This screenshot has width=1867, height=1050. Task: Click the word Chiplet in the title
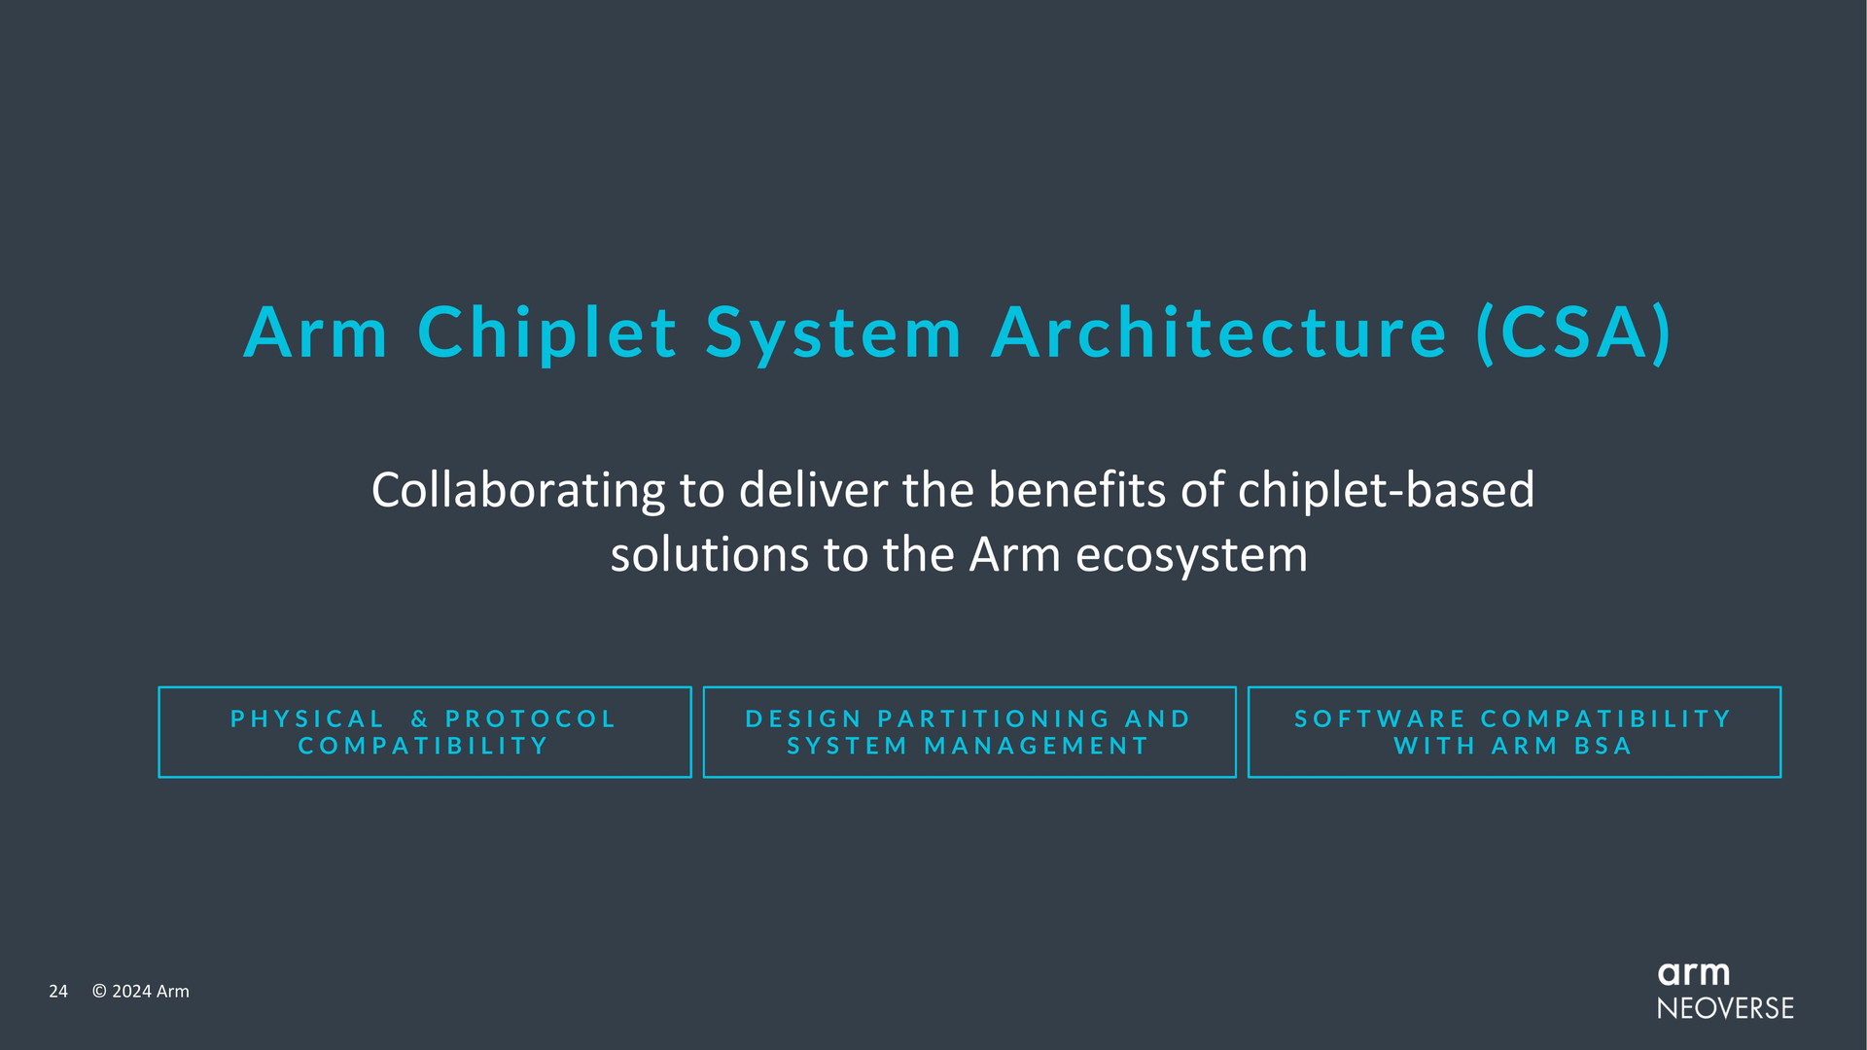point(547,333)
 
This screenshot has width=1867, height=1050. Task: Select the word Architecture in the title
point(1219,332)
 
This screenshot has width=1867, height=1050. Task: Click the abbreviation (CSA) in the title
point(1574,333)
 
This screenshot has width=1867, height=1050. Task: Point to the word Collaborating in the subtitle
point(518,491)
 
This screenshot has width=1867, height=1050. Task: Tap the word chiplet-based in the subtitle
point(1386,491)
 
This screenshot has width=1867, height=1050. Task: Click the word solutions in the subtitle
point(710,555)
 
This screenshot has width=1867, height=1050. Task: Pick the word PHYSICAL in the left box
point(307,719)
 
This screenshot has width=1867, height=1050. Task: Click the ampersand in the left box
point(420,719)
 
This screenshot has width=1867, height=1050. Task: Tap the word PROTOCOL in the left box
point(530,719)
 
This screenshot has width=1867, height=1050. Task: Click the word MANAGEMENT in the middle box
point(1037,747)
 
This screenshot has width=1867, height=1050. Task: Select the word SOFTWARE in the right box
point(1380,719)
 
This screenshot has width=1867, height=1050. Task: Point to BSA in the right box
point(1603,747)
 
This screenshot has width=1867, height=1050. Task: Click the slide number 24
point(58,992)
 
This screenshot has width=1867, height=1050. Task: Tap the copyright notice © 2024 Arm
point(141,992)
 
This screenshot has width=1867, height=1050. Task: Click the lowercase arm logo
point(1694,974)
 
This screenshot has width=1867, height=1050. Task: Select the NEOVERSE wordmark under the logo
point(1726,1008)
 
